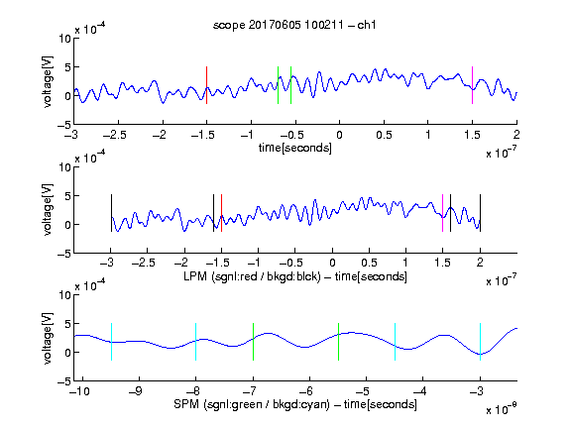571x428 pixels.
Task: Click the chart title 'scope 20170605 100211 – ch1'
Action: pos(294,25)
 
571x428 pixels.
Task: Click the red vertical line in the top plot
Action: pos(206,85)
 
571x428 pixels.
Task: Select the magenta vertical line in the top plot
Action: pos(472,85)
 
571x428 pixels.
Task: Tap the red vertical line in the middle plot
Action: pos(221,213)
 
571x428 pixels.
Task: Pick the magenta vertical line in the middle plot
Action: pos(442,213)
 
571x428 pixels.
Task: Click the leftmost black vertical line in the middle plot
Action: pos(111,213)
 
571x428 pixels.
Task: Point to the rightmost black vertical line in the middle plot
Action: pos(481,213)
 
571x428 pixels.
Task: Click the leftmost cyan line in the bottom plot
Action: pos(111,342)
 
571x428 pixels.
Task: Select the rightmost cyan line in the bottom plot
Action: pos(481,342)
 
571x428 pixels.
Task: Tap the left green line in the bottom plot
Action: pos(253,342)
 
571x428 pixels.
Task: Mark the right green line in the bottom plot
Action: pos(339,342)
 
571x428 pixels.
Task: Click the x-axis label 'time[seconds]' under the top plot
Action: pos(295,148)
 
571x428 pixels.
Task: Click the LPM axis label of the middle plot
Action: pos(295,276)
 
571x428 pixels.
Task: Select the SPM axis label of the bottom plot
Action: pos(295,404)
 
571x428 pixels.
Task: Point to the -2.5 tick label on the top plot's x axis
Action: pos(115,135)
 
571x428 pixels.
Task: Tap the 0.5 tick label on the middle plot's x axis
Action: pos(369,263)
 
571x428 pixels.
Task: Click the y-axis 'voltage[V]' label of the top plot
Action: pos(48,81)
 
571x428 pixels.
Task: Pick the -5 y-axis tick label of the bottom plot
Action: pos(64,381)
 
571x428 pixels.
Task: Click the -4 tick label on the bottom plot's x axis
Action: pos(420,391)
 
